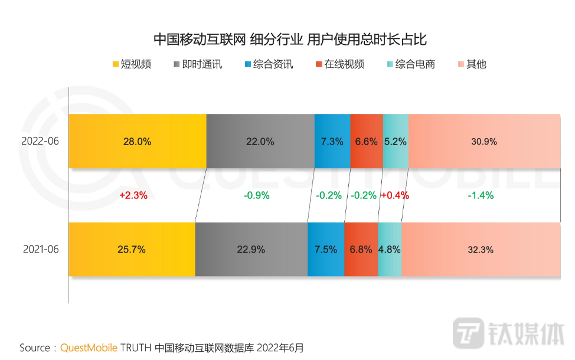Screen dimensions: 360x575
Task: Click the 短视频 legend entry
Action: pos(131,64)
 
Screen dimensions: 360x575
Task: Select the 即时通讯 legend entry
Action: pos(198,64)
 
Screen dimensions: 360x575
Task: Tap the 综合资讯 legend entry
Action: pos(268,64)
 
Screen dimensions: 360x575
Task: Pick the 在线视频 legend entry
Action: pos(339,64)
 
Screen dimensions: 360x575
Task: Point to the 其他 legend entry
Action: pos(472,64)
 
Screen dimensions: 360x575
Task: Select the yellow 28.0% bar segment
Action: pos(138,142)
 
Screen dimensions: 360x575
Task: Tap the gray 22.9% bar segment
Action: pos(251,249)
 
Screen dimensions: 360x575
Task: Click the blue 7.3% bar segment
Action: pos(332,142)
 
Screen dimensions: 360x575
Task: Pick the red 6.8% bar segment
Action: pos(361,249)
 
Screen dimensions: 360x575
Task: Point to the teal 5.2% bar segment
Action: pos(396,142)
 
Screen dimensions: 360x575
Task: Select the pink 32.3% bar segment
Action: pos(481,249)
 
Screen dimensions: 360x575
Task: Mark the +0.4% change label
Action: pos(395,195)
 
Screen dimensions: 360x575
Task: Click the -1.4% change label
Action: pos(481,195)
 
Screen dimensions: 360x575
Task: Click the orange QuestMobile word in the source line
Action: pos(89,347)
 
